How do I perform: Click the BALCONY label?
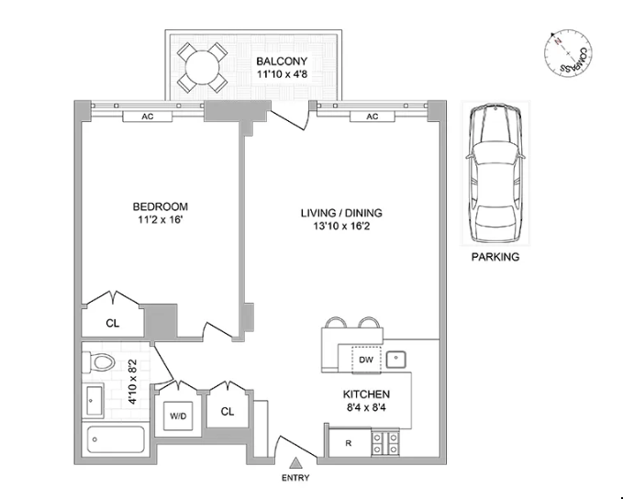click(x=282, y=61)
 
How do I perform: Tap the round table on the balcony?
click(x=202, y=67)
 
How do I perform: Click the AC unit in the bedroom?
click(x=148, y=116)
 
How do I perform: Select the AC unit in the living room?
click(x=373, y=116)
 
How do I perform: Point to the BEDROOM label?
click(x=161, y=206)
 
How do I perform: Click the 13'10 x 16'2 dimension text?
click(x=341, y=226)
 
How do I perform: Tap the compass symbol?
click(x=568, y=53)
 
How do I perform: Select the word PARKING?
click(x=495, y=257)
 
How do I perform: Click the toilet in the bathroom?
click(x=98, y=362)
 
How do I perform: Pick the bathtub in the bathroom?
click(x=116, y=439)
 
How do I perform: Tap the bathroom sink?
click(x=95, y=400)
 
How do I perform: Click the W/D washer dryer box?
click(x=178, y=416)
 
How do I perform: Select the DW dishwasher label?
click(x=366, y=359)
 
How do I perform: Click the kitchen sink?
click(x=396, y=359)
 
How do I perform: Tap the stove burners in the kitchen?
click(x=385, y=443)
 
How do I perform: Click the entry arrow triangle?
click(x=296, y=462)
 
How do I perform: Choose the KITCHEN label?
click(x=366, y=394)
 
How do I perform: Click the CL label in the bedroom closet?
click(x=113, y=323)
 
